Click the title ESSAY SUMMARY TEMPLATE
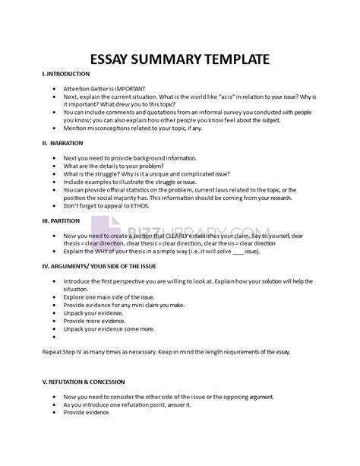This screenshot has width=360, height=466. coord(180,58)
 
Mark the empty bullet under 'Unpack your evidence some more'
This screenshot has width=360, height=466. coord(55,336)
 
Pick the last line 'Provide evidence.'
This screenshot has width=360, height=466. coord(87,413)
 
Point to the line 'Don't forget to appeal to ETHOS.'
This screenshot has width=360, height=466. coord(110,205)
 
